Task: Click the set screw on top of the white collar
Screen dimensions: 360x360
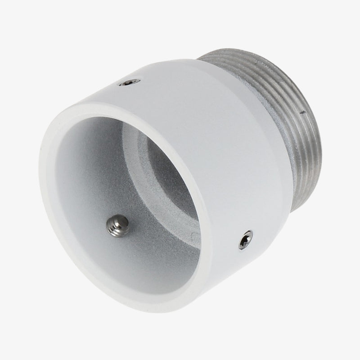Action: pyautogui.click(x=130, y=83)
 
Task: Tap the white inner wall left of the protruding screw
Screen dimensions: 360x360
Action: pyautogui.click(x=76, y=207)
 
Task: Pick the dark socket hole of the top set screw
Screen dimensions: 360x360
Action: pyautogui.click(x=130, y=83)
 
